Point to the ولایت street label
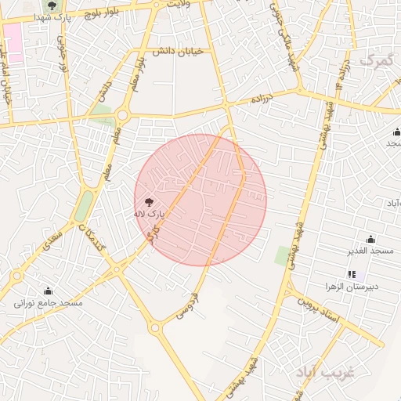[x=178, y=4]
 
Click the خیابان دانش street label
[x=177, y=50]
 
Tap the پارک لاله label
[x=150, y=213]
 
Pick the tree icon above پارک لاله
[x=150, y=201]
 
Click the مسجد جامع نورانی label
[x=48, y=302]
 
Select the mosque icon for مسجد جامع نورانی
[x=48, y=291]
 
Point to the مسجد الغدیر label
[x=370, y=251]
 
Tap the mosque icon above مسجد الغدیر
[x=370, y=239]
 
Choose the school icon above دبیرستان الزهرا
[x=352, y=275]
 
